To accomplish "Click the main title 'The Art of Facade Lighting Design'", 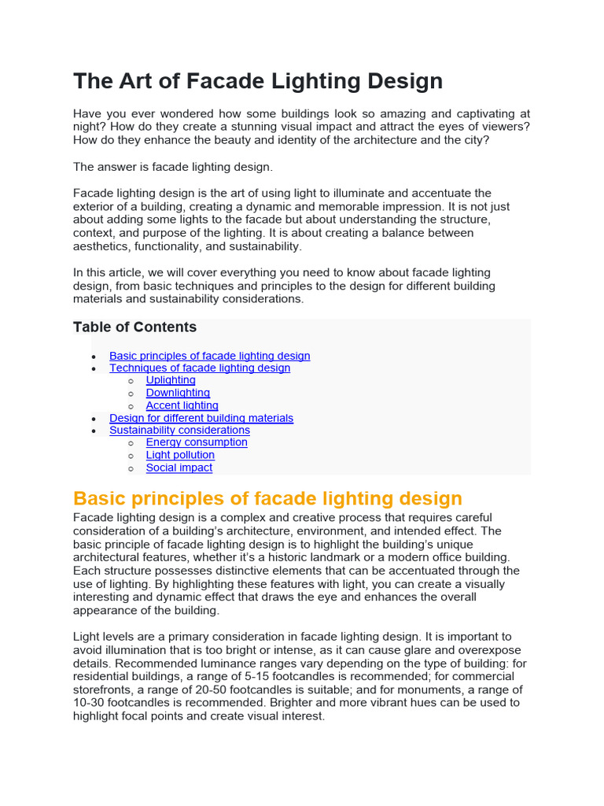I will tap(258, 81).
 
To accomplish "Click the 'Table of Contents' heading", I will tap(134, 327).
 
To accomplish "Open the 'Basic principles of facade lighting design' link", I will tap(209, 356).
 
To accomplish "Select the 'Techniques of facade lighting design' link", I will tap(200, 368).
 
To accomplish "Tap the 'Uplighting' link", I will tap(171, 380).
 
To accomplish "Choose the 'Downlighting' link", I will tap(178, 393).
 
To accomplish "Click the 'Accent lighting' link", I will tap(182, 405).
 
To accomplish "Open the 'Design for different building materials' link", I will tap(201, 418).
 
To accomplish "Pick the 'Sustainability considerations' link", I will tap(179, 430).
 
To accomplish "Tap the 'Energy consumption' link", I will tap(197, 442).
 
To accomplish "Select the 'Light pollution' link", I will tap(180, 455).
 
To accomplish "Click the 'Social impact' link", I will tap(179, 468).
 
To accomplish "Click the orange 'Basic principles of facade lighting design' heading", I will tap(267, 498).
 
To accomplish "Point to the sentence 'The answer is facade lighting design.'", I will tap(173, 167).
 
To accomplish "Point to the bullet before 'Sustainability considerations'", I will tap(94, 431).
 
